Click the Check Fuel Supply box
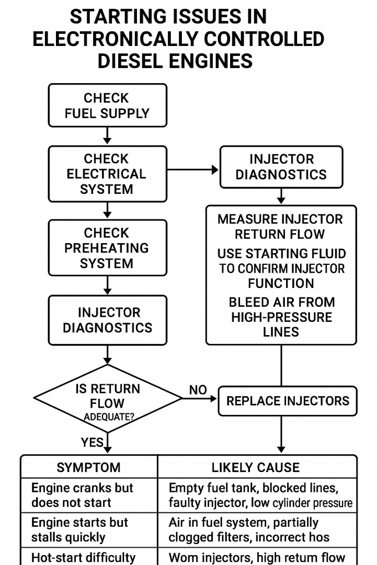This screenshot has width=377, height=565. (107, 106)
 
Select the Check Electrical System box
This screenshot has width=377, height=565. (107, 173)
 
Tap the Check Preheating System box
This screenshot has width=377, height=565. (107, 248)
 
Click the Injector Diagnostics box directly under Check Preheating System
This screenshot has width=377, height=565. (107, 320)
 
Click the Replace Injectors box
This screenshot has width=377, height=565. (287, 400)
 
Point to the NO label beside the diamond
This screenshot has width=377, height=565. (197, 390)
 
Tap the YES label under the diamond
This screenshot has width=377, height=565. (92, 443)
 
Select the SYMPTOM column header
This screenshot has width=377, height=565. (89, 468)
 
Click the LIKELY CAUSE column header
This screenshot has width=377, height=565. (256, 468)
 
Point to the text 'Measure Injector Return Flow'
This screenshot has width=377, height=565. (280, 226)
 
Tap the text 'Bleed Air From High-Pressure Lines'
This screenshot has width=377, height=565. (281, 317)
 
